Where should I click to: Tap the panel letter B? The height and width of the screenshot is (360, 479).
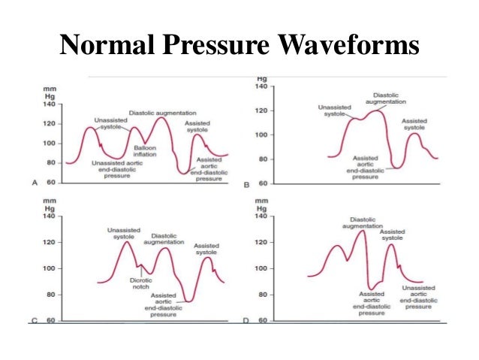(247, 183)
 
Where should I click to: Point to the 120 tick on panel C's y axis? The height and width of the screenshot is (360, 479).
(50, 243)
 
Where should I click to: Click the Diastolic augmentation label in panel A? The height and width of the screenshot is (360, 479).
(158, 113)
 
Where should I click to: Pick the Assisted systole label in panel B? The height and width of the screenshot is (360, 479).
(414, 124)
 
